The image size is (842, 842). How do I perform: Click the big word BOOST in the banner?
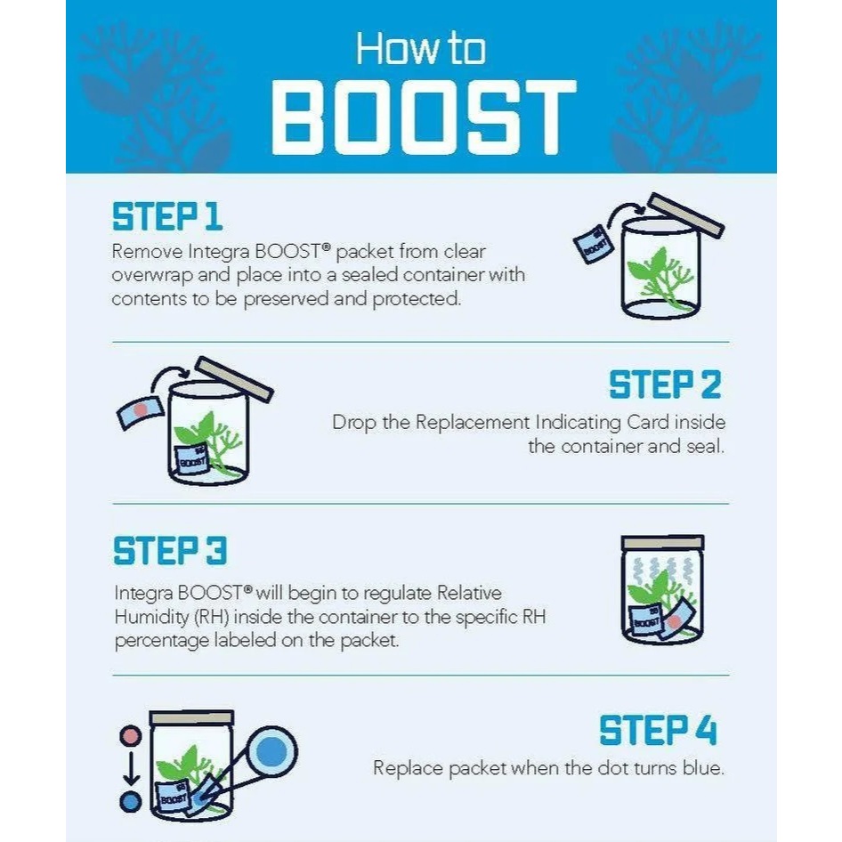tap(424, 117)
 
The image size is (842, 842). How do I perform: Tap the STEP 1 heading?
tap(167, 216)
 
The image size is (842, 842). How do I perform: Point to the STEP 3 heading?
tap(170, 550)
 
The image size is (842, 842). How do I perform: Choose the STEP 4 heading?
tap(658, 730)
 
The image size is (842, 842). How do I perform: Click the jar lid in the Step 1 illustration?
tap(685, 216)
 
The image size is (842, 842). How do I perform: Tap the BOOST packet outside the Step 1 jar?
tap(594, 244)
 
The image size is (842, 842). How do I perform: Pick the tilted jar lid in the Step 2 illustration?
tap(233, 379)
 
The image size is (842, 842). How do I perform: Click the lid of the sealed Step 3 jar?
tap(662, 542)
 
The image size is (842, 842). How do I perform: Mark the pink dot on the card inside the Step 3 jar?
tap(674, 622)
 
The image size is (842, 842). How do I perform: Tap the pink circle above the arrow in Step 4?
tap(131, 736)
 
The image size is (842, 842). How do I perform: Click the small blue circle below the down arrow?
tap(131, 802)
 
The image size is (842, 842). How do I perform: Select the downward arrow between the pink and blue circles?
tap(131, 768)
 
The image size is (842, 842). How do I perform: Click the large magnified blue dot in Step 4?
tap(271, 752)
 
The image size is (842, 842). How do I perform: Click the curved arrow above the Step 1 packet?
tap(623, 210)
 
